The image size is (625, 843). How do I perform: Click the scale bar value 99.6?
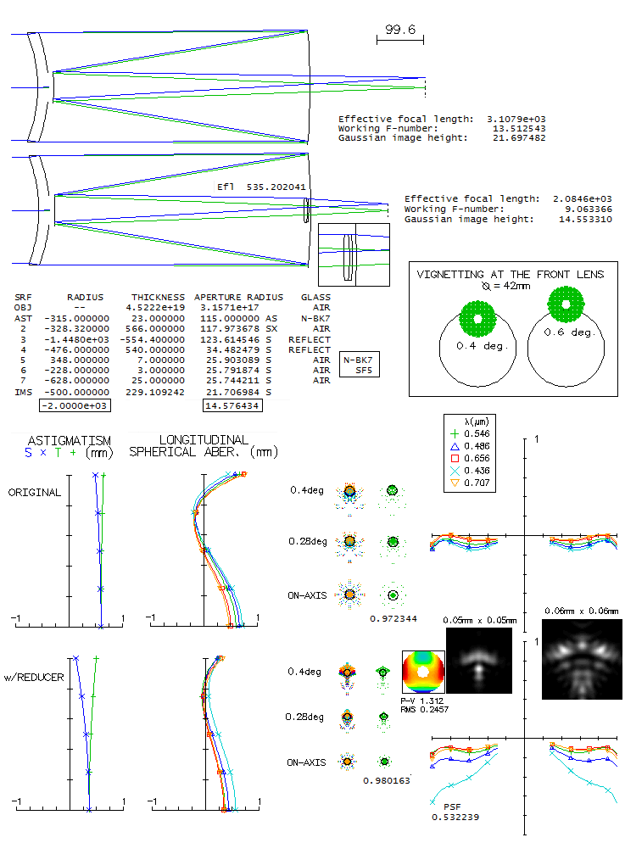(399, 30)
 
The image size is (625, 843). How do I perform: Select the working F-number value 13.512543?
(518, 129)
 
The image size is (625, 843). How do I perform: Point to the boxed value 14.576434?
(232, 406)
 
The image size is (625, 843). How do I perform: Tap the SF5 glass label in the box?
(363, 371)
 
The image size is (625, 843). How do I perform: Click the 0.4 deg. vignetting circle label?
(477, 346)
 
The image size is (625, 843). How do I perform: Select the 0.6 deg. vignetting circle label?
(566, 332)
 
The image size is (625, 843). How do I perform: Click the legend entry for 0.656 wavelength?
(481, 458)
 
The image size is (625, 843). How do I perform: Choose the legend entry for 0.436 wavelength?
(481, 470)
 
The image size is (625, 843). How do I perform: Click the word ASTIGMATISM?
(69, 440)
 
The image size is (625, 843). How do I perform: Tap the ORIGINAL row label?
(35, 493)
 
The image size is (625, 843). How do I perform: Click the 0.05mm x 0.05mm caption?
(479, 621)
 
